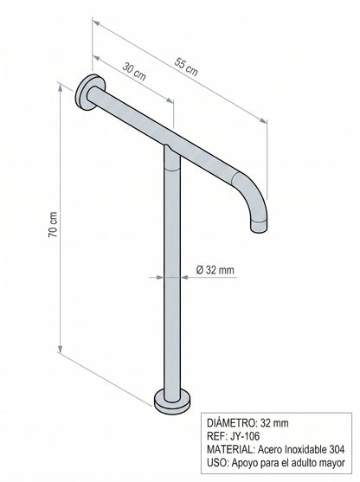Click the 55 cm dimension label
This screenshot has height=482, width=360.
(x=186, y=67)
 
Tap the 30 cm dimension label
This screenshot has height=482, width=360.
(x=134, y=71)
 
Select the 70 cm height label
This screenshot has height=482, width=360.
(x=53, y=224)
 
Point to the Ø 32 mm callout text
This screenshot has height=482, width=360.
(x=215, y=270)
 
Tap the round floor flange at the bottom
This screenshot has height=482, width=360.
(x=172, y=402)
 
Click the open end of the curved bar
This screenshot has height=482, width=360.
(x=259, y=226)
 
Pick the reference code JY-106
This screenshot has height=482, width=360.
(x=244, y=436)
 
